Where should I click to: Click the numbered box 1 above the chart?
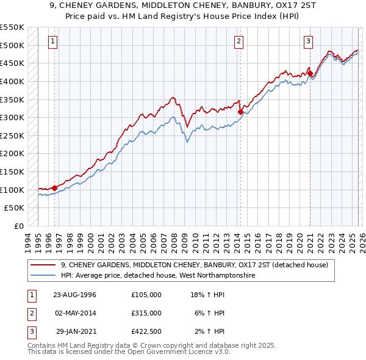click(54, 41)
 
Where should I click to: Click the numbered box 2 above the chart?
click(238, 41)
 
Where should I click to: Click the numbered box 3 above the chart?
click(309, 41)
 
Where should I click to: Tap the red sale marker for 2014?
click(240, 112)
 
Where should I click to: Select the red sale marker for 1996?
click(55, 188)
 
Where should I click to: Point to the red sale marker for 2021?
click(310, 73)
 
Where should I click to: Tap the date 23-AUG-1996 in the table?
click(74, 295)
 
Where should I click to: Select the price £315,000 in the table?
click(146, 313)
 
